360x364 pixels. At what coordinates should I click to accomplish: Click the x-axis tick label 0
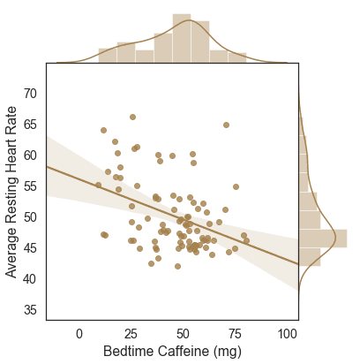coord(79,334)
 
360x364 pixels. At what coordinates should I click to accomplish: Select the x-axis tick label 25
coord(131,334)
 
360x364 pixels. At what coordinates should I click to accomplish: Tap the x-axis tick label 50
coord(183,334)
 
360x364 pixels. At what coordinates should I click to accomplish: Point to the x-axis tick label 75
coord(235,334)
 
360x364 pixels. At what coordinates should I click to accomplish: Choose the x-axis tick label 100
coord(288,334)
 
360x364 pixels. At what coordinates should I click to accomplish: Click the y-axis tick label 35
coord(30,310)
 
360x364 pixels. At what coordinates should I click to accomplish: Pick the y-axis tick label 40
coord(30,279)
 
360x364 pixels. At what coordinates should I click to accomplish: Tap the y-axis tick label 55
coord(30,186)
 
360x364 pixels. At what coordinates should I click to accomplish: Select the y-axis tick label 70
coord(30,94)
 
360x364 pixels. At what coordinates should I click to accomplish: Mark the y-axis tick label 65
coord(30,125)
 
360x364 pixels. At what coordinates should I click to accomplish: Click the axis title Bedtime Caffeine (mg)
coord(172,352)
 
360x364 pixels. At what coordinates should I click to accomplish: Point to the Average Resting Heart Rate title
coord(11,192)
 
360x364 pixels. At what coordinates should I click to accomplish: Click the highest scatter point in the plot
coord(132,118)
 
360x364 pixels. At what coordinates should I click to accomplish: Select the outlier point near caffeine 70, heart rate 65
coord(226,125)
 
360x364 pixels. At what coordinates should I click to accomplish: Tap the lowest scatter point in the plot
coord(177,267)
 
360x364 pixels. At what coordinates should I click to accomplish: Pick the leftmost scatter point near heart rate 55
coord(99,186)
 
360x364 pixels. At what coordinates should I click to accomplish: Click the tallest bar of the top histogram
coord(182,38)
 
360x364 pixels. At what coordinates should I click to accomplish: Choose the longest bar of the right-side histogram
coord(323,239)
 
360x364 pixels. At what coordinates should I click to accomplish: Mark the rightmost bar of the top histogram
coord(237,57)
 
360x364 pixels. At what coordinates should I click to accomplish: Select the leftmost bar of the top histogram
coord(108,56)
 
